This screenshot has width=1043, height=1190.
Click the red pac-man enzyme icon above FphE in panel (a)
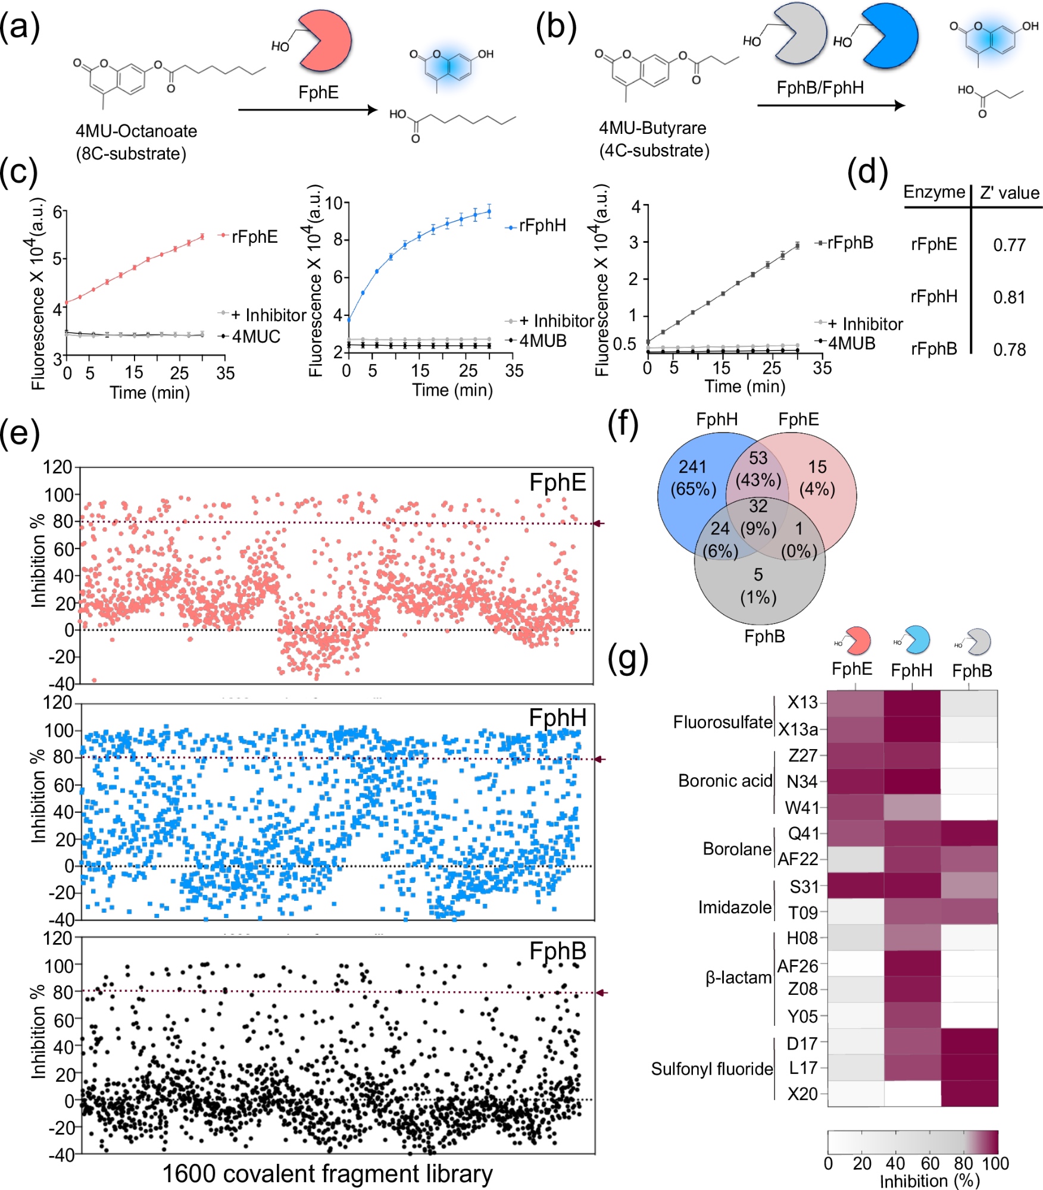[324, 40]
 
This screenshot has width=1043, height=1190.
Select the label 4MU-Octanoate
[136, 131]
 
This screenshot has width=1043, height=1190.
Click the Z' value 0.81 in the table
[1009, 297]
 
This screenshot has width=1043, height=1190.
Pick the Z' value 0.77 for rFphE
[1009, 245]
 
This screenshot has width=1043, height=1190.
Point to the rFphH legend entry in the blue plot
[542, 226]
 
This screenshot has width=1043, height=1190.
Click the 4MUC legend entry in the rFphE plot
[255, 337]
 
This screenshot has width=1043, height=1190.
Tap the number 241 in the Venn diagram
[692, 466]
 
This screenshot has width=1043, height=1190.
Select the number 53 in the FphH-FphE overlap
[758, 458]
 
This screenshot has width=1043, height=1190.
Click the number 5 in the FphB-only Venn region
[758, 574]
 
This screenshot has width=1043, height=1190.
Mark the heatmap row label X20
[802, 1094]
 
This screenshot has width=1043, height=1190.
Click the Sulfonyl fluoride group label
[711, 1069]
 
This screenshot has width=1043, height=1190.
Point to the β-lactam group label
[738, 978]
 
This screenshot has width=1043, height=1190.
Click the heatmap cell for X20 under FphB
[969, 1094]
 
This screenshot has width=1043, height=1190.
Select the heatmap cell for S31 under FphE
[855, 885]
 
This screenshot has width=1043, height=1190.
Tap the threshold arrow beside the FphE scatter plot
[599, 523]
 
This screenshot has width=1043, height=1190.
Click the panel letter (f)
[623, 424]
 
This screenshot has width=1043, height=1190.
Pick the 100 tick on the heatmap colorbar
[995, 1163]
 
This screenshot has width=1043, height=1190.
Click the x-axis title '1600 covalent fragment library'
[327, 1174]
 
